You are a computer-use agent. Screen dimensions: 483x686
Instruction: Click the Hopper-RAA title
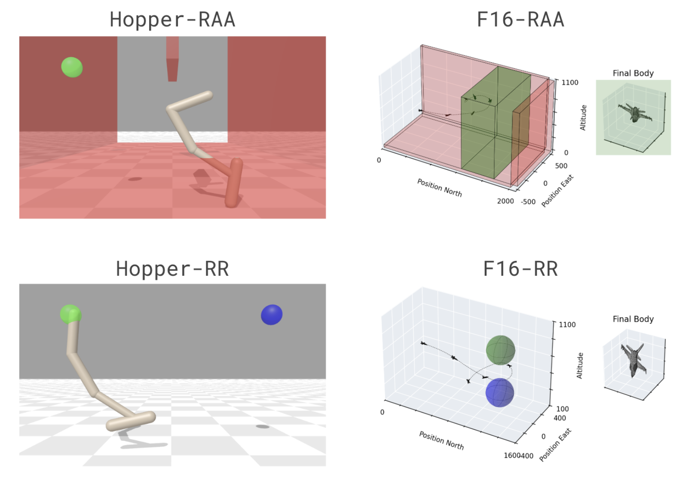pyautogui.click(x=172, y=20)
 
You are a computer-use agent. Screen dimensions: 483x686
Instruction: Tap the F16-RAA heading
pyautogui.click(x=521, y=20)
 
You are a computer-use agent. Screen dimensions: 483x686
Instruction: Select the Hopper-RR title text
pyautogui.click(x=172, y=269)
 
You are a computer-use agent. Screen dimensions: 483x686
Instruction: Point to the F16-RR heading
pyautogui.click(x=521, y=269)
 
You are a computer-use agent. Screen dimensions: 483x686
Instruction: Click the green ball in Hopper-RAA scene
pyautogui.click(x=72, y=67)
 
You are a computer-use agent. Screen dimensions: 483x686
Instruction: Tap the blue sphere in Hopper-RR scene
pyautogui.click(x=272, y=315)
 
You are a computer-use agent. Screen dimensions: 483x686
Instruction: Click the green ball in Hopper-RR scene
pyautogui.click(x=70, y=314)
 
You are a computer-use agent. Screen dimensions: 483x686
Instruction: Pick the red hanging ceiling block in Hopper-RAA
pyautogui.click(x=172, y=60)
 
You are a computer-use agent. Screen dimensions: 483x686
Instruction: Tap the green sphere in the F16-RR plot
pyautogui.click(x=500, y=350)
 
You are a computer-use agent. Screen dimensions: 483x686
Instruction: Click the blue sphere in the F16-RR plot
pyautogui.click(x=499, y=392)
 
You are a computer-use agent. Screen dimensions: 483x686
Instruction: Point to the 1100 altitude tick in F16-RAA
pyautogui.click(x=570, y=83)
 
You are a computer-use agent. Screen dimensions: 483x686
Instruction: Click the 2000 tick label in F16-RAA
pyautogui.click(x=505, y=201)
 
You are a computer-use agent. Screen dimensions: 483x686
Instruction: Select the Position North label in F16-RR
pyautogui.click(x=441, y=440)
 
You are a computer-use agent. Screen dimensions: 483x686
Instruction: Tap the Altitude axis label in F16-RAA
pyautogui.click(x=583, y=117)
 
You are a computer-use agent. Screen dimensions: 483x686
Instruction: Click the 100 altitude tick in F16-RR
pyautogui.click(x=562, y=409)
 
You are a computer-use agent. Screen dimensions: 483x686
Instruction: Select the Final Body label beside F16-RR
pyautogui.click(x=633, y=319)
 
